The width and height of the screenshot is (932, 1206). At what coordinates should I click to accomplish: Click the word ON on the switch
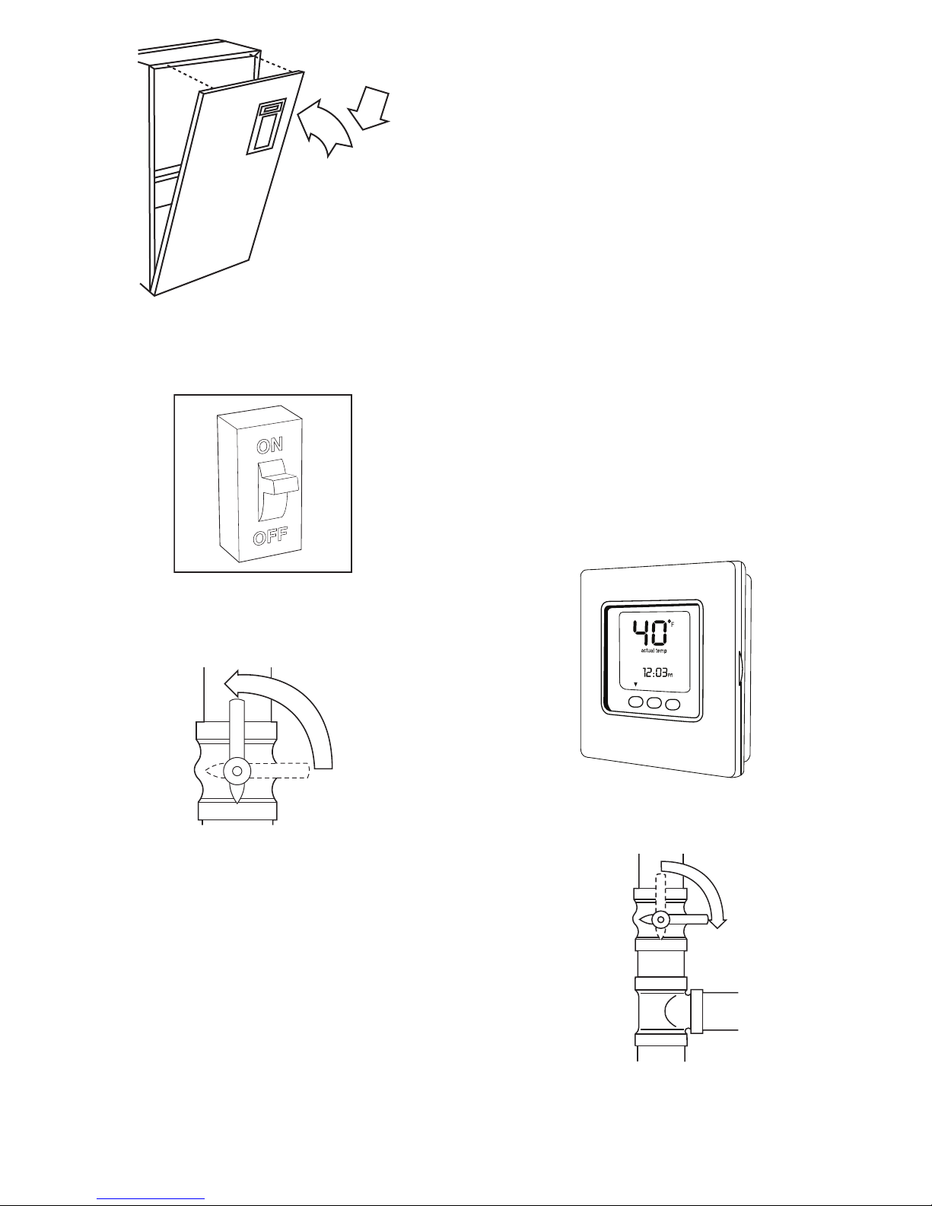coord(270,445)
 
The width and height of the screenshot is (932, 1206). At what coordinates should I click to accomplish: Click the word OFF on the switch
coord(271,536)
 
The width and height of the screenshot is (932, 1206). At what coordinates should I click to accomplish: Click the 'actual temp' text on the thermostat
coord(654,651)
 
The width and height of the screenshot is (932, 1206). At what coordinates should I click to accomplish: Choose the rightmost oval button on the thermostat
coord(673,704)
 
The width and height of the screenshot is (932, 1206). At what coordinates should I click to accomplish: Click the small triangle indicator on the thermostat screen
coord(636,684)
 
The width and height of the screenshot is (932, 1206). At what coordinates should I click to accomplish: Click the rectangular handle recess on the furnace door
coord(266,126)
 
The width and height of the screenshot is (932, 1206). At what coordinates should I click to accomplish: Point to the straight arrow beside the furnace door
coord(370,108)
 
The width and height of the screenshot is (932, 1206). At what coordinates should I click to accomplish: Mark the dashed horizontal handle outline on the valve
coord(257,771)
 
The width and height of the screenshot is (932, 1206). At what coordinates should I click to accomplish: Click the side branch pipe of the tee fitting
coord(714,1011)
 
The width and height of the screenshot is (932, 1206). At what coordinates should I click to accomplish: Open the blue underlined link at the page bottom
coord(151,1197)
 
